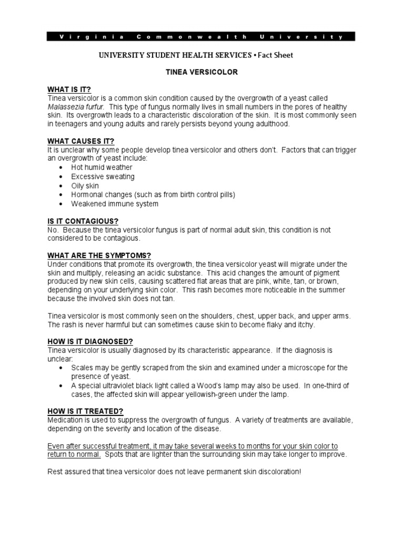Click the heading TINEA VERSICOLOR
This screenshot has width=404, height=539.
point(202,72)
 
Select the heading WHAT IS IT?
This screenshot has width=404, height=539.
point(73,89)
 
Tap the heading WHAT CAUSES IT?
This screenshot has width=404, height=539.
point(80,141)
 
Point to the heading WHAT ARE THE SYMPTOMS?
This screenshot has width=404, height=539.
point(99,255)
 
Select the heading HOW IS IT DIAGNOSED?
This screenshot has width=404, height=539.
point(90,341)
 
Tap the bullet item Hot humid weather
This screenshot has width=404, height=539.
point(102,167)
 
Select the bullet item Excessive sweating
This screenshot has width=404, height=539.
point(103,176)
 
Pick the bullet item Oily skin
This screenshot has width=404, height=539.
point(85,186)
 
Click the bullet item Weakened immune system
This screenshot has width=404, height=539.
point(115,204)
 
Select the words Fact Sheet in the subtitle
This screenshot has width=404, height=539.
point(275,55)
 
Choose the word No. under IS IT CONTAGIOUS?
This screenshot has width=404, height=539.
point(53,231)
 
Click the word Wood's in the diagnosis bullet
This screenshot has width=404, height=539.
point(207,385)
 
